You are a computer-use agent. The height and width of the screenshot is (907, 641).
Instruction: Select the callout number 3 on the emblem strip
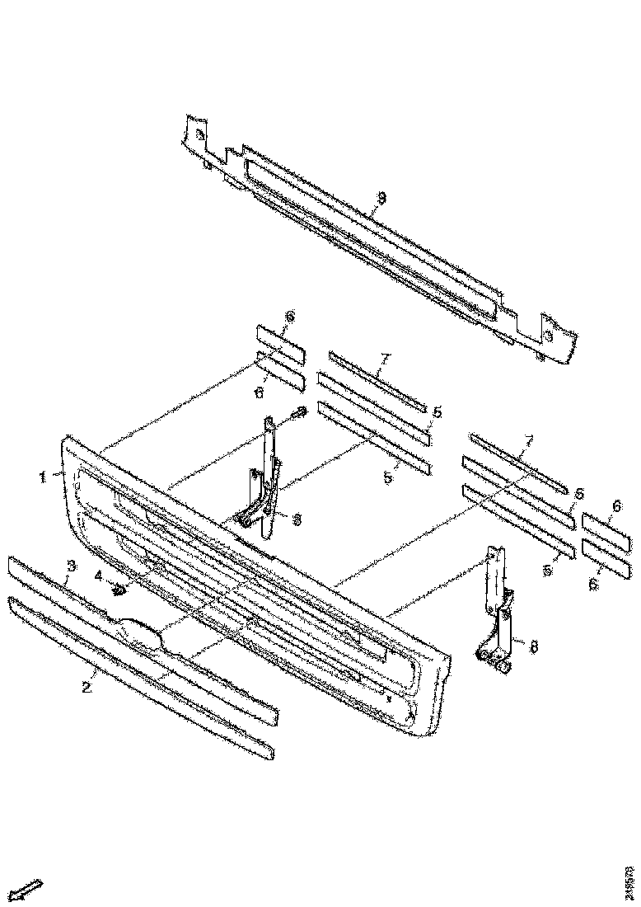(72, 566)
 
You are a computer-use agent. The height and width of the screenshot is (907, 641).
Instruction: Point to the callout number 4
(98, 574)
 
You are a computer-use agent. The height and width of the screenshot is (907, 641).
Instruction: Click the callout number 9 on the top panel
(381, 198)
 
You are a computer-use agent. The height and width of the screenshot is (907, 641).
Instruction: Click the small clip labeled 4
(119, 589)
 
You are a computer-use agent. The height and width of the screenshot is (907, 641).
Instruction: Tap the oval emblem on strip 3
(141, 632)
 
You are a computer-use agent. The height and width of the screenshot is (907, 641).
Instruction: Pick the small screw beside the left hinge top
(300, 411)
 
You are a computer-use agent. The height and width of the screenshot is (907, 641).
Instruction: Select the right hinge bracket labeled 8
(498, 610)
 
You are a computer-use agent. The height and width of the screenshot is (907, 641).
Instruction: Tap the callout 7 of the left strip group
(385, 359)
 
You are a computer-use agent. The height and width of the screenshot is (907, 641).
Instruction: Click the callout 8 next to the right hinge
(533, 648)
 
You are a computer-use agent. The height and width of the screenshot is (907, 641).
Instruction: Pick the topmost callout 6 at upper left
(289, 317)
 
